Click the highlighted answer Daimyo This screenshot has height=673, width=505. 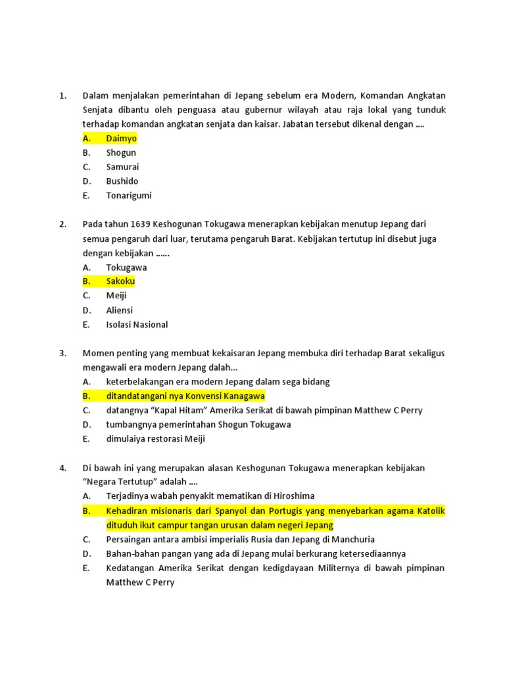point(122,139)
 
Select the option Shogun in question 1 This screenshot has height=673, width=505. point(121,153)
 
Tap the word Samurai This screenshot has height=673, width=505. point(122,167)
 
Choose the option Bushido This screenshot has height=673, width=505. point(122,181)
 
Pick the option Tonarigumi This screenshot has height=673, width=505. point(129,195)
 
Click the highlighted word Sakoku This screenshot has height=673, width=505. point(120,281)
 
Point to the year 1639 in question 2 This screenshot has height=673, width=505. point(141,224)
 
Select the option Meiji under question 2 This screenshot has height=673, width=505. point(116,296)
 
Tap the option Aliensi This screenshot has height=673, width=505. point(119,310)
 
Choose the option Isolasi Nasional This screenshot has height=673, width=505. point(137,325)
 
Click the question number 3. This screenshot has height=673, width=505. point(62,353)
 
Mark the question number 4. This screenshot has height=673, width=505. point(62,468)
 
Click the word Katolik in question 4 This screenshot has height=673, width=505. point(428,511)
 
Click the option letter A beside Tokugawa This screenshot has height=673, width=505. point(86,267)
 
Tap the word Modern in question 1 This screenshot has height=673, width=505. point(336,96)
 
